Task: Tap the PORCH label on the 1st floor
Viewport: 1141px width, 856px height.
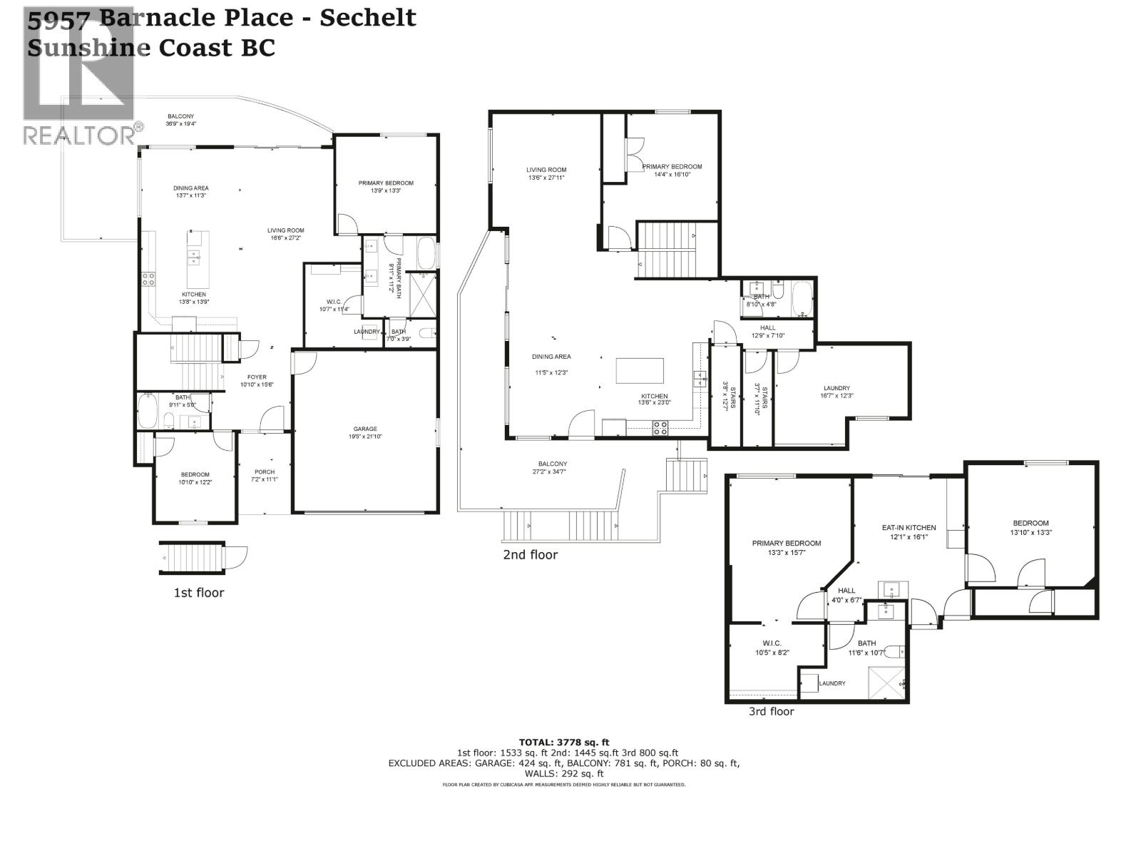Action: (x=265, y=472)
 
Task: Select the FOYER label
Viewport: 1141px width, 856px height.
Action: (x=257, y=377)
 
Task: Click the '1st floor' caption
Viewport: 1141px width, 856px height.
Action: (x=199, y=593)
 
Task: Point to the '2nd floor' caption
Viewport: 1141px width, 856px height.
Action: (x=530, y=554)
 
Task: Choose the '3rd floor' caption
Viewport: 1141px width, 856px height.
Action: (x=771, y=711)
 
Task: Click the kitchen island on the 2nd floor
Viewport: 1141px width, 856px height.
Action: (x=640, y=371)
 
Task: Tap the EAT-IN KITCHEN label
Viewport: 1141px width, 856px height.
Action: (x=909, y=528)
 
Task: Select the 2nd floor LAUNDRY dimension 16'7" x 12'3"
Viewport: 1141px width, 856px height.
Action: (x=836, y=395)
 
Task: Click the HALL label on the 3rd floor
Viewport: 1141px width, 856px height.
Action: (x=846, y=591)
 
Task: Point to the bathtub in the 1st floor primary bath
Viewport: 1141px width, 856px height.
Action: (x=425, y=253)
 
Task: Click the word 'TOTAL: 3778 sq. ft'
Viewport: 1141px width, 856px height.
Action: (x=563, y=743)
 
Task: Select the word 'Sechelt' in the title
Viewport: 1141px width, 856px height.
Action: (x=367, y=17)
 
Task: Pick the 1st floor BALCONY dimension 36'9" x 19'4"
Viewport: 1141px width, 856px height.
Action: (x=180, y=123)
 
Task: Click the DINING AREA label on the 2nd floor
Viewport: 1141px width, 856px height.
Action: (x=551, y=357)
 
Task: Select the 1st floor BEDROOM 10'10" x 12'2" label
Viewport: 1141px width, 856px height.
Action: (x=195, y=474)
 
